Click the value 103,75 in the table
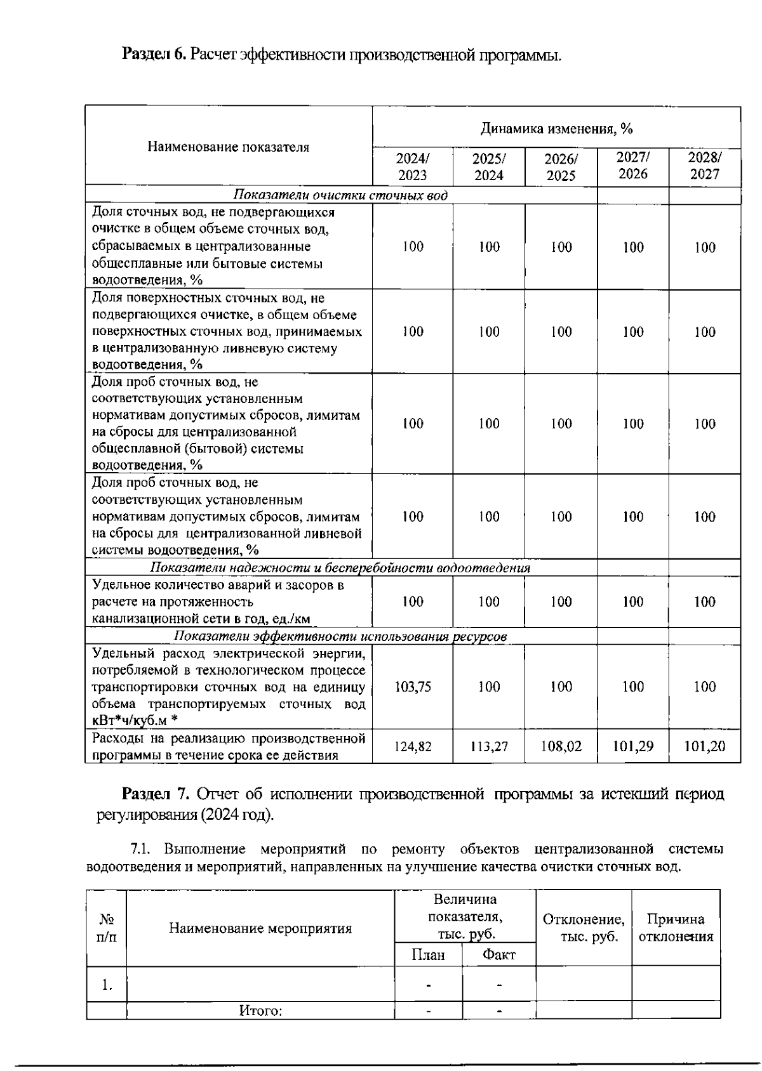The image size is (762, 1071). (413, 687)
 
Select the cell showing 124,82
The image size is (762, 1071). (413, 747)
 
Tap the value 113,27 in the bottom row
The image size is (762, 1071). (489, 747)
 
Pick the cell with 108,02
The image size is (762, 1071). (561, 746)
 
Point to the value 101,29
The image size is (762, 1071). (633, 746)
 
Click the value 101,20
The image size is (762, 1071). (705, 746)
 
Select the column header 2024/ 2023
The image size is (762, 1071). (413, 167)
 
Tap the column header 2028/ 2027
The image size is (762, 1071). (705, 166)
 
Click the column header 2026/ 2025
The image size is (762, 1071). (561, 167)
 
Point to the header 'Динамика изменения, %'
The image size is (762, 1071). (556, 129)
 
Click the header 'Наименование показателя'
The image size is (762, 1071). (229, 147)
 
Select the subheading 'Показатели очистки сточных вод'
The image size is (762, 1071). (341, 195)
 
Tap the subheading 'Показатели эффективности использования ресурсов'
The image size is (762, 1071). (340, 636)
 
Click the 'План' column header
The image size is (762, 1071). (429, 955)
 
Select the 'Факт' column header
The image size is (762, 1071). (499, 955)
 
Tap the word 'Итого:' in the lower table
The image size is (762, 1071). (260, 1011)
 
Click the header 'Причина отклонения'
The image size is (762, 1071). (676, 928)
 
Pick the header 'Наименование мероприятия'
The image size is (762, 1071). (260, 929)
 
